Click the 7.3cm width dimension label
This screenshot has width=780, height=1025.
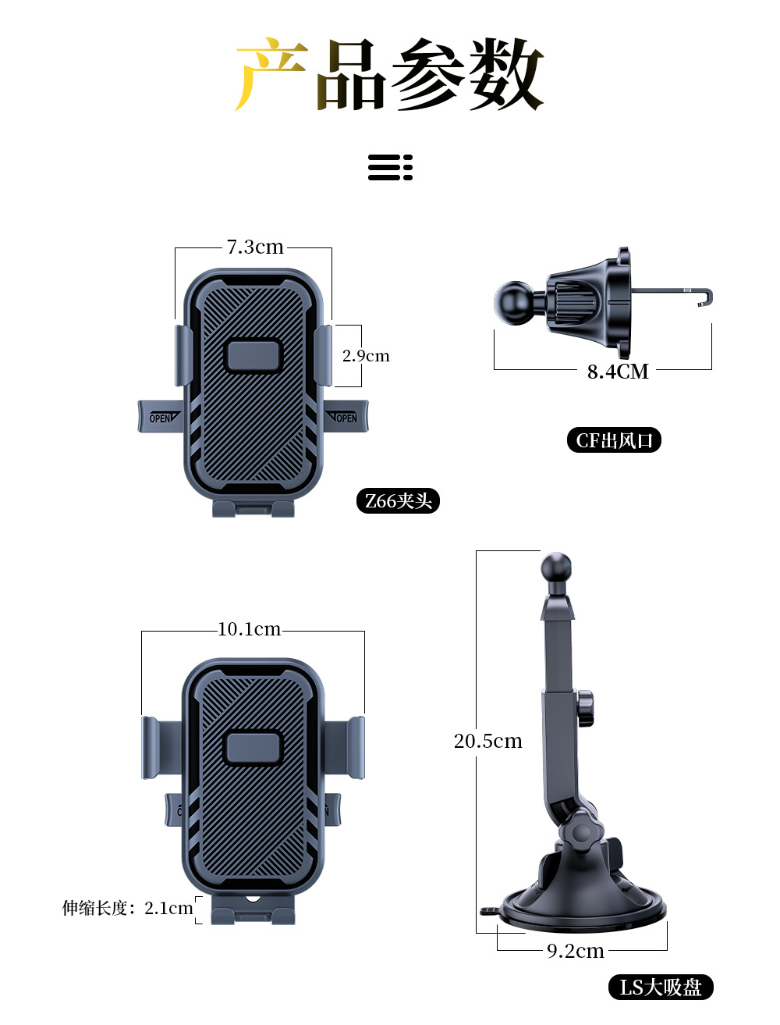point(255,247)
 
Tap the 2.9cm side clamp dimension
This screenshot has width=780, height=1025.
point(365,356)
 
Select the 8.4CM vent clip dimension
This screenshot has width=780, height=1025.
point(617,372)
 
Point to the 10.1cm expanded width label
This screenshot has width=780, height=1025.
point(249,629)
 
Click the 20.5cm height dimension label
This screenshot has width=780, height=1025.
point(487,741)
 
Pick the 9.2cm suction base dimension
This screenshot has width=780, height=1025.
point(575,951)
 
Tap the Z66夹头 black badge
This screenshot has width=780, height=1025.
point(398,501)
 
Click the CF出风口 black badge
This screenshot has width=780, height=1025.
point(614,440)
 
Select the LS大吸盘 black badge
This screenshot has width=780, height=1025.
point(661,988)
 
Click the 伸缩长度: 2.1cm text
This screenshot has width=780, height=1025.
point(127,908)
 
